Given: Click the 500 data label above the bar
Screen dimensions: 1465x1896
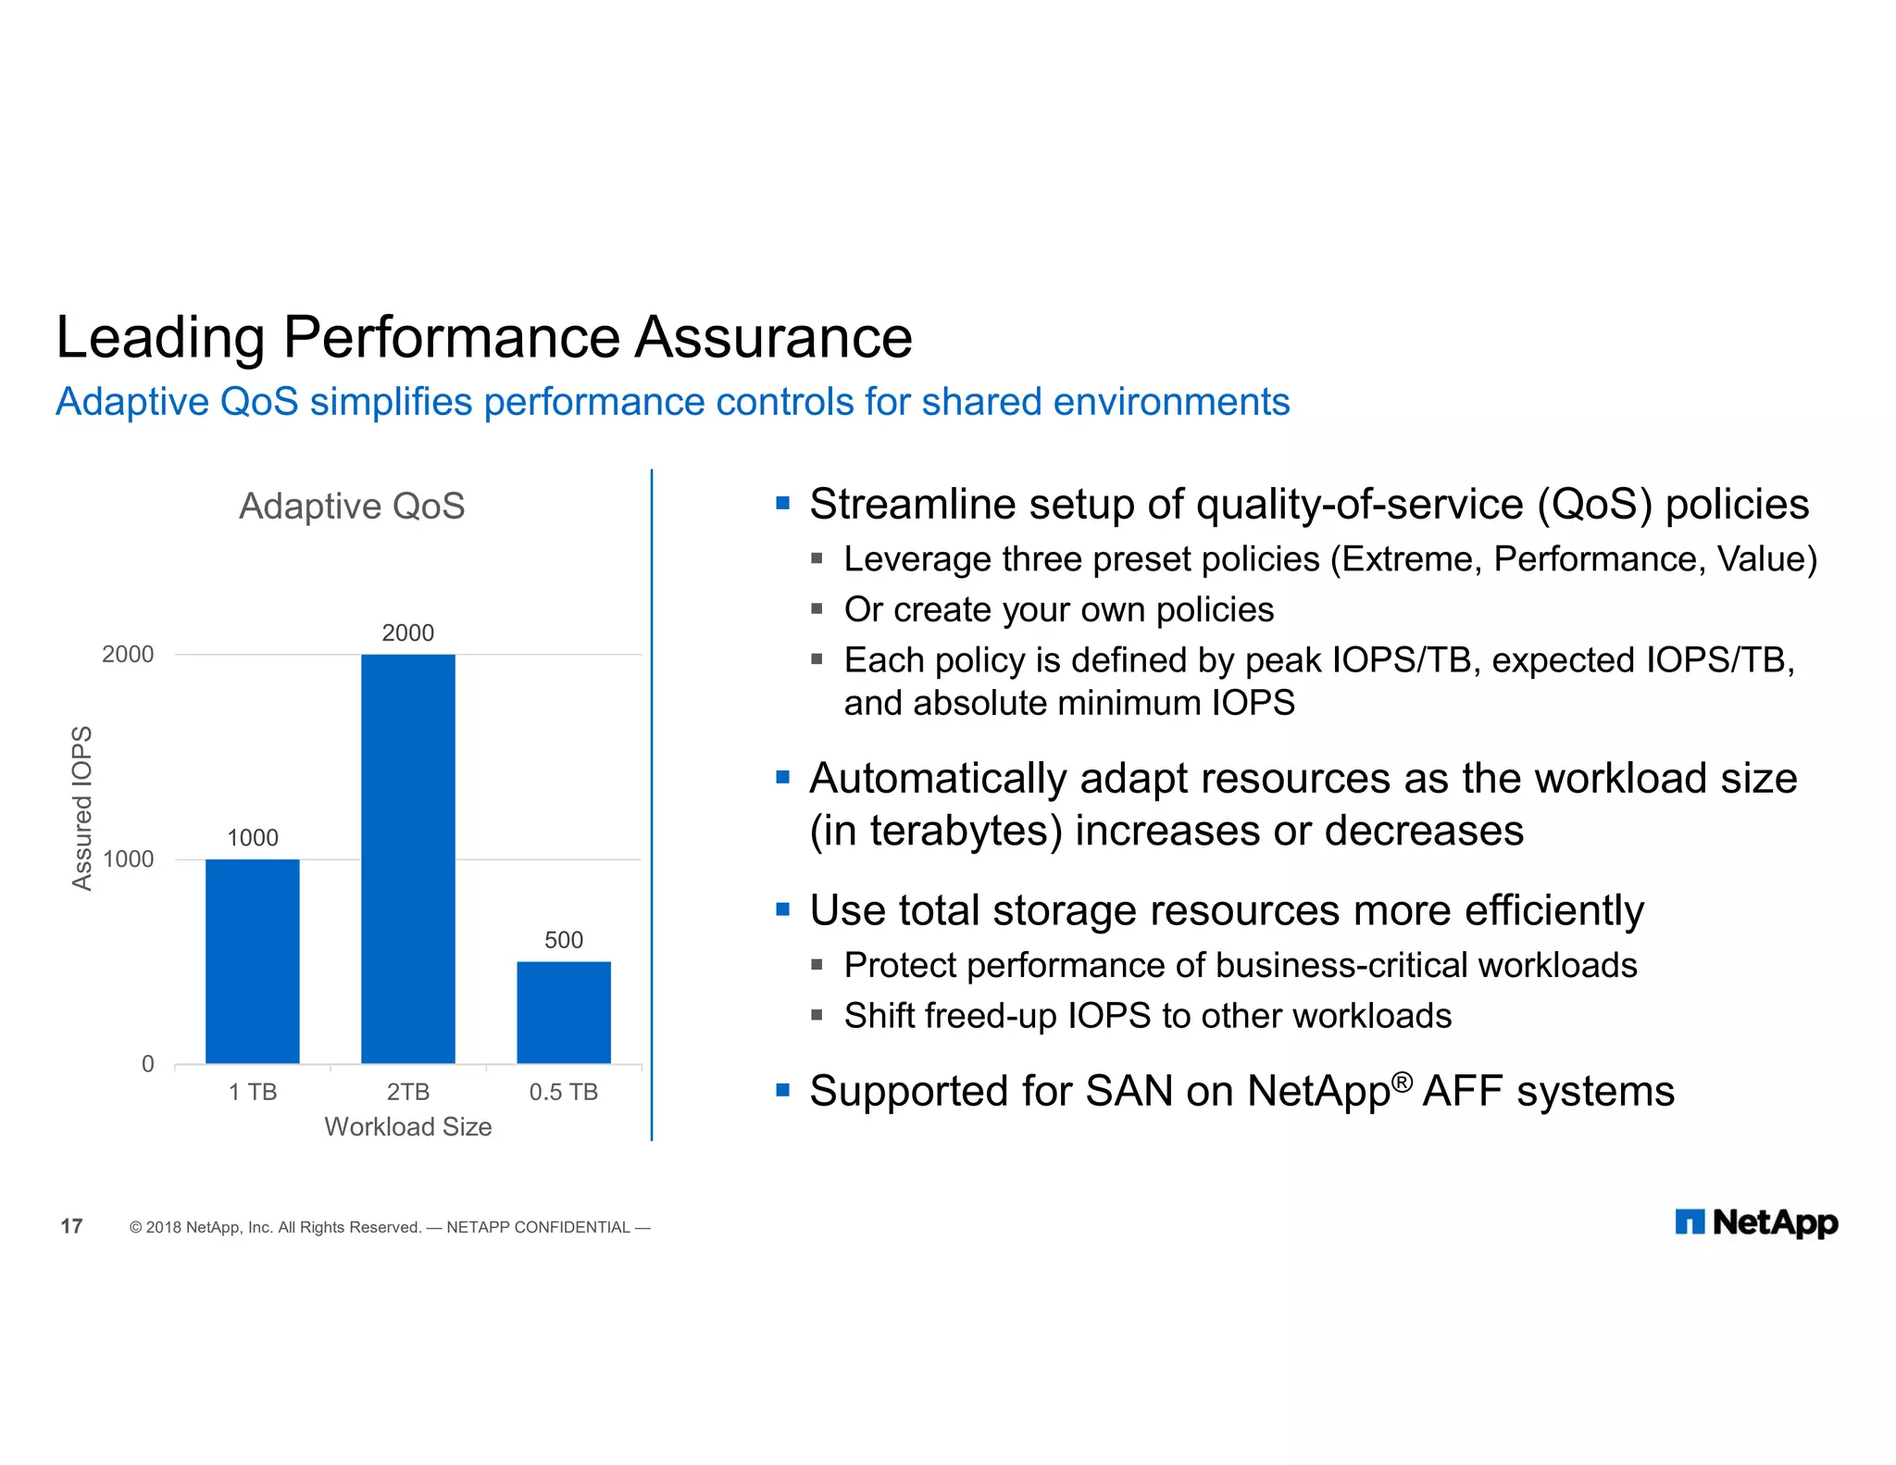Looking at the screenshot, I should pyautogui.click(x=563, y=940).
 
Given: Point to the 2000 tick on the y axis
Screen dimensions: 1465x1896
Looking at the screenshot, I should pyautogui.click(x=128, y=654).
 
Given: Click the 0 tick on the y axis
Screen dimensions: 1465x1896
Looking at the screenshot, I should pyautogui.click(x=147, y=1064).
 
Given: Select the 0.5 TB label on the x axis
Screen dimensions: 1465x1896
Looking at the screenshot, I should pyautogui.click(x=563, y=1092).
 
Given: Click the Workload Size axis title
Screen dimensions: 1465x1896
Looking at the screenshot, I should pyautogui.click(x=407, y=1127).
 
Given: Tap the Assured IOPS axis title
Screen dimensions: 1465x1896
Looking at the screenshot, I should pyautogui.click(x=82, y=808).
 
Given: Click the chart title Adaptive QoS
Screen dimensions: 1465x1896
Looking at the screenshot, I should pyautogui.click(x=352, y=507).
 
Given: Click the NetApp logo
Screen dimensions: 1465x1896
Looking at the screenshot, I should pyautogui.click(x=1756, y=1222).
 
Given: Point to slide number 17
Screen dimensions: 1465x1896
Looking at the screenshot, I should pyautogui.click(x=71, y=1226).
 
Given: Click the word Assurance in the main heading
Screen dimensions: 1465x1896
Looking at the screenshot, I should pyautogui.click(x=773, y=337).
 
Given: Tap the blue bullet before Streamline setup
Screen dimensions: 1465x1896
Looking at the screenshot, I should pyautogui.click(x=783, y=504).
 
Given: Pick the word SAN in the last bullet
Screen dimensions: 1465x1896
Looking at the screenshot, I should pyautogui.click(x=1129, y=1091).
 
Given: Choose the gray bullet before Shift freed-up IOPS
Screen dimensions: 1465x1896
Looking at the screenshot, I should pyautogui.click(x=817, y=1015).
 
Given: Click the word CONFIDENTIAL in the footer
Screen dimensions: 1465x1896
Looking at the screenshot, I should pyautogui.click(x=571, y=1227).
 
